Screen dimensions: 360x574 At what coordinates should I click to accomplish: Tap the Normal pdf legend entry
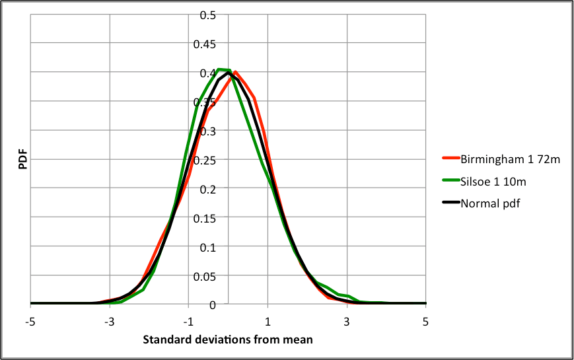[490, 203]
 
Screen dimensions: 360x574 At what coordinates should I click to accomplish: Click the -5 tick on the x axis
[30, 322]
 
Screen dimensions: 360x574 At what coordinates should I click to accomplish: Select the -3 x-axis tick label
[109, 322]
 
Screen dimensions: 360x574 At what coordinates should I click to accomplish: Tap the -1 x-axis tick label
[188, 322]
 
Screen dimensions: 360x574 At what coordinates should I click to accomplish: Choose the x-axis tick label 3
[347, 322]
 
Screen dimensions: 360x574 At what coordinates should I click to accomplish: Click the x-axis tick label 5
[426, 322]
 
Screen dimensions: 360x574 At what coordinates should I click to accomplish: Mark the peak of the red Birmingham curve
[235, 72]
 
